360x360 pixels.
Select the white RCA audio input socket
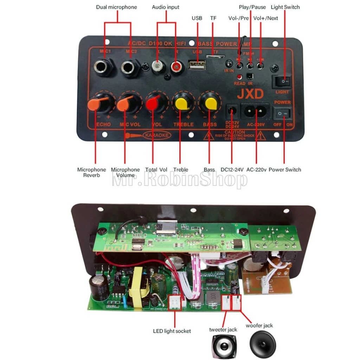click(x=158, y=66)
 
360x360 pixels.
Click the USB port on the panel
click(x=198, y=66)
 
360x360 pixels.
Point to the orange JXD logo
click(x=250, y=94)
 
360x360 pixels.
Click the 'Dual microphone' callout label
click(x=116, y=7)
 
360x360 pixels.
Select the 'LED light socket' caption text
click(x=172, y=331)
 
